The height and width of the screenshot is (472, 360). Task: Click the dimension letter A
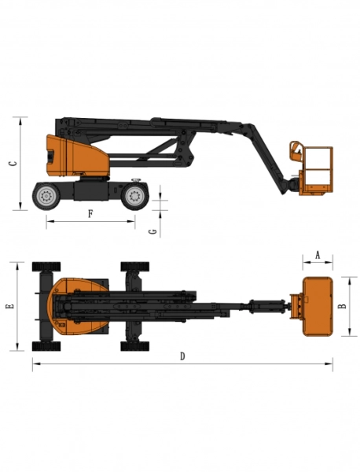point(317,254)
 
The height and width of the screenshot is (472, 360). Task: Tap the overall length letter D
point(182,356)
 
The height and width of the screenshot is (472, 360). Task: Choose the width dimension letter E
point(9,306)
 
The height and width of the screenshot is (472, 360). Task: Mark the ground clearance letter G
point(153,230)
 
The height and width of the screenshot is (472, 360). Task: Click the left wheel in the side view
point(45,196)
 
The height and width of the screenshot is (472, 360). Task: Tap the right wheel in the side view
point(134,196)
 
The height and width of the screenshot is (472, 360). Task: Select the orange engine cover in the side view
point(75,156)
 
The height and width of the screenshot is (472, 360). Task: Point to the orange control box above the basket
point(297,149)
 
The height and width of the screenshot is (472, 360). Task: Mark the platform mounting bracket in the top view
point(294,306)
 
